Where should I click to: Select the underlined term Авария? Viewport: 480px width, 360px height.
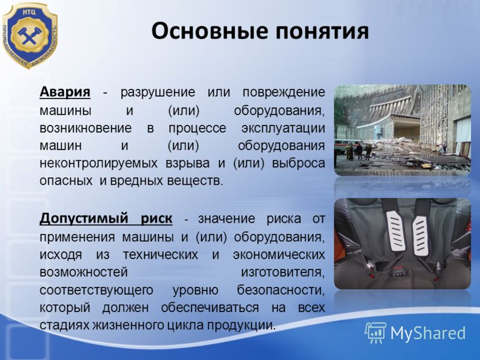tap(65, 92)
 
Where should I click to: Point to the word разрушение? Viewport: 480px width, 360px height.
tap(158, 93)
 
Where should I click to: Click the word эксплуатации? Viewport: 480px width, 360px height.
tap(283, 128)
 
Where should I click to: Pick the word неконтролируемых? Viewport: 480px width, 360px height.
tap(98, 163)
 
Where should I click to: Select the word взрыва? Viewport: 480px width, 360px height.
tap(187, 163)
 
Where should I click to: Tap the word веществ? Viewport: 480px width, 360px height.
tap(194, 181)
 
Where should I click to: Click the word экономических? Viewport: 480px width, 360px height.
tap(279, 255)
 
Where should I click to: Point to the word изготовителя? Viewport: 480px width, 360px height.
tap(283, 272)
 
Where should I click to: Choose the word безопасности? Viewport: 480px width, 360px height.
tap(281, 290)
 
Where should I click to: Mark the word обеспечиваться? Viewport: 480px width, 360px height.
tap(210, 308)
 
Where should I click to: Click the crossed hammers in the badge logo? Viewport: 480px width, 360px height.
tap(29, 36)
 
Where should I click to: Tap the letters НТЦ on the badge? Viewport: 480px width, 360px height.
tap(29, 13)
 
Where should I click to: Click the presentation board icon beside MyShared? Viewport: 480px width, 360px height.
tap(376, 333)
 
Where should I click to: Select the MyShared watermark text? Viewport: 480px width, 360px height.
tap(428, 333)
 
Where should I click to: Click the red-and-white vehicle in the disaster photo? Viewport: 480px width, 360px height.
tap(346, 147)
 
